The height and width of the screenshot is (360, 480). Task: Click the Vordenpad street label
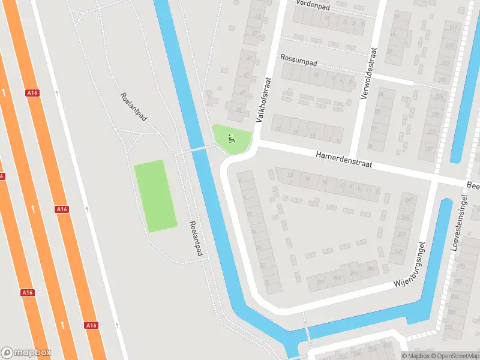313,5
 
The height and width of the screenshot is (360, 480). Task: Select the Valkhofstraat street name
264,100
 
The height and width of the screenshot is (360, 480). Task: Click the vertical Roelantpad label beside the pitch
195,240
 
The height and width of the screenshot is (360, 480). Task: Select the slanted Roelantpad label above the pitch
133,107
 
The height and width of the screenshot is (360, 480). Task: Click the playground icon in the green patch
231,139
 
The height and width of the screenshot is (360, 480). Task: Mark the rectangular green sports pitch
155,196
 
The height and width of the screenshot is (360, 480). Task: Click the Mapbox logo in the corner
26,353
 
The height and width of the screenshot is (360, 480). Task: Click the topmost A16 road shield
32,93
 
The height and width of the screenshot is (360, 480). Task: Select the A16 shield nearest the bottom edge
91,325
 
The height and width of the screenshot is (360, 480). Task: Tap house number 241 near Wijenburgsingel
410,200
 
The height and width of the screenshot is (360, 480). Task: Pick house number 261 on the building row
355,273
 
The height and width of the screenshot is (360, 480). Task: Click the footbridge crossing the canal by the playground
195,148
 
